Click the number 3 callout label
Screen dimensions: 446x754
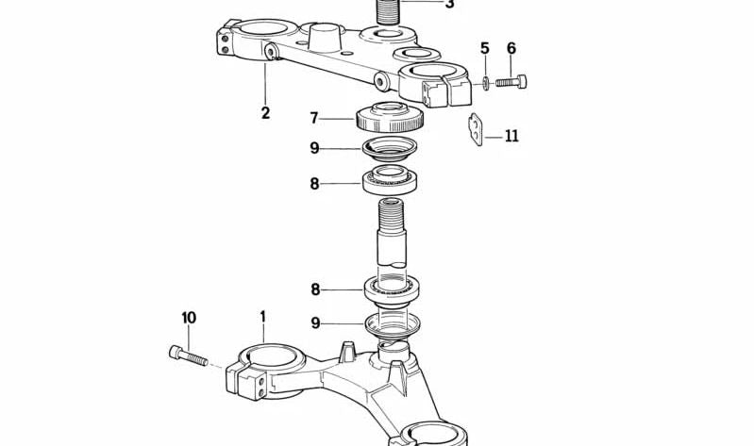click(449, 5)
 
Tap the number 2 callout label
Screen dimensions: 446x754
click(265, 113)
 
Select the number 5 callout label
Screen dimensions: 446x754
click(485, 49)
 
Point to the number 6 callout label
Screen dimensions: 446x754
click(511, 49)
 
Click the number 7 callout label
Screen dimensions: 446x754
click(315, 119)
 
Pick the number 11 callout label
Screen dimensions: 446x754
click(511, 136)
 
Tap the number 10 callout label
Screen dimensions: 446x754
click(189, 318)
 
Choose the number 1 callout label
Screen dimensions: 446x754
click(263, 318)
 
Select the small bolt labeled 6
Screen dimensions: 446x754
click(511, 83)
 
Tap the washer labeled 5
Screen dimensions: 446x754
click(485, 84)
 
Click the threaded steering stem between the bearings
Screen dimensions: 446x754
click(392, 236)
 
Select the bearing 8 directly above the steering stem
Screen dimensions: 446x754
click(391, 178)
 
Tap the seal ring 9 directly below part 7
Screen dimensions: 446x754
click(390, 148)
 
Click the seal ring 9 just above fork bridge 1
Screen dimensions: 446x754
click(391, 324)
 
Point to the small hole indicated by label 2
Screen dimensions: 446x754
click(271, 51)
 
